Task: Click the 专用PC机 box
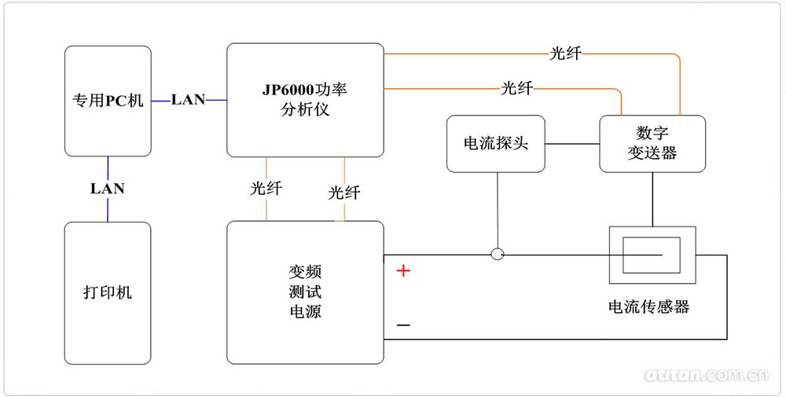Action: coord(108,101)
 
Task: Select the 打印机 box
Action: coord(108,292)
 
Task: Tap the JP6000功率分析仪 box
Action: coord(305,100)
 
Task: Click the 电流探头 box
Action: coord(495,144)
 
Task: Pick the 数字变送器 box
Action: coord(652,144)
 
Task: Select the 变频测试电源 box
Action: coord(305,292)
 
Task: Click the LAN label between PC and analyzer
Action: coord(189,100)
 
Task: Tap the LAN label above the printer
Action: coord(108,189)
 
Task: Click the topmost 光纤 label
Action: coord(565,54)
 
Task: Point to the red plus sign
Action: coord(403,271)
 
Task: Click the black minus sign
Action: coord(403,325)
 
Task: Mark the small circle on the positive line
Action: coord(497,254)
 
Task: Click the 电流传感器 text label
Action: coord(649,307)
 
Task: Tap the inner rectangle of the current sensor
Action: coord(652,255)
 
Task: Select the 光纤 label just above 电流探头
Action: coord(517,88)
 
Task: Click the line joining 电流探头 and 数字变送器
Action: coord(572,144)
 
